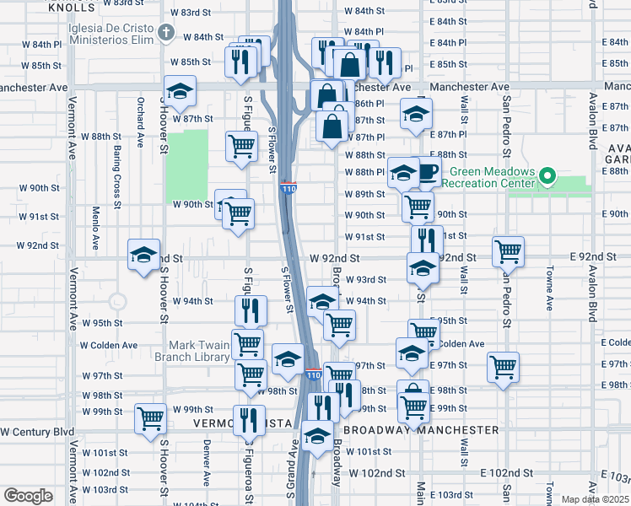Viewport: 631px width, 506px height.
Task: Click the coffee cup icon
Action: pyautogui.click(x=427, y=173)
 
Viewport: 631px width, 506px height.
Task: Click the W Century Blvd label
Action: pyautogui.click(x=37, y=431)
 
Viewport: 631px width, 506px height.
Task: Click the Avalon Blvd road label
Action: pyautogui.click(x=593, y=286)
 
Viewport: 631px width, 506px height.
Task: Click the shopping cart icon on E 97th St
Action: pyautogui.click(x=503, y=366)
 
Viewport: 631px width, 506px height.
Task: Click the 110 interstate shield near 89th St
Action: pyautogui.click(x=288, y=190)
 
